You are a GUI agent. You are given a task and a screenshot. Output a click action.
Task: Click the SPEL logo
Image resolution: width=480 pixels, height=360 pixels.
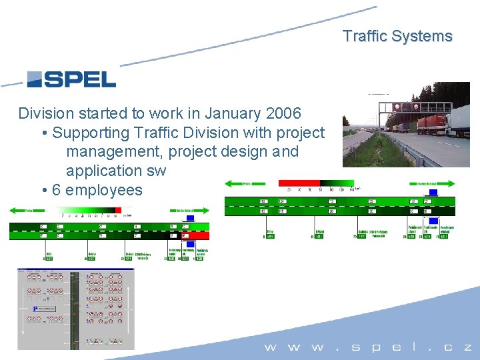pos(71,79)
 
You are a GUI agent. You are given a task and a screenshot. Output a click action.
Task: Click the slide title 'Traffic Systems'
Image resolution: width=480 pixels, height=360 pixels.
pos(397,36)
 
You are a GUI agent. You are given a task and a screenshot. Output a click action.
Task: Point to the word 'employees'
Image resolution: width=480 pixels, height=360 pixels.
pos(104,190)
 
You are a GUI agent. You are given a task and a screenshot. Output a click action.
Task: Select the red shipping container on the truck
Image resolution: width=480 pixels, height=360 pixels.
pos(429,124)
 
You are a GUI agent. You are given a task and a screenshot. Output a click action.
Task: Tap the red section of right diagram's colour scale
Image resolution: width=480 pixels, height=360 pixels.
pos(297,183)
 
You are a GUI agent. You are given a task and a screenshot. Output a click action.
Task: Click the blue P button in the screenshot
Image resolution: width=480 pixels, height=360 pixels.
pos(35,309)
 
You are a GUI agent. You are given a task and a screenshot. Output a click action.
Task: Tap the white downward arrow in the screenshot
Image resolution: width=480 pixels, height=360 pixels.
pos(25,326)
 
